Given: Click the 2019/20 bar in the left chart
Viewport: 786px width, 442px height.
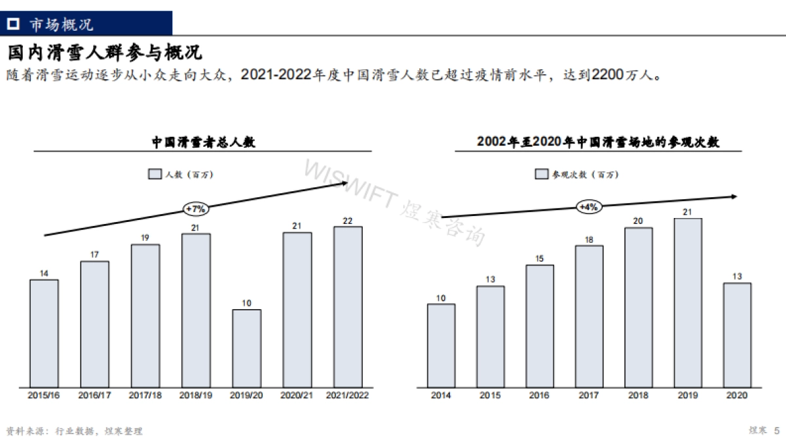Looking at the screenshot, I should click(246, 347).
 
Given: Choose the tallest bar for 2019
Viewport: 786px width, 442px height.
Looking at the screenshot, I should click(688, 302).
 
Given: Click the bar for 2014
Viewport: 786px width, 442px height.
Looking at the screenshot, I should click(441, 344).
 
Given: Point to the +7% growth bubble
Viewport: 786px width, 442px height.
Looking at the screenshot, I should click(196, 209).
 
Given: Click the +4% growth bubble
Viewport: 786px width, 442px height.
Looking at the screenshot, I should click(588, 207).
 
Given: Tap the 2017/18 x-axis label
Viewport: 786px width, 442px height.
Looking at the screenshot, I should click(145, 396).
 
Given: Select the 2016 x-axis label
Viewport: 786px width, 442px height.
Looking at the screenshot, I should click(539, 396).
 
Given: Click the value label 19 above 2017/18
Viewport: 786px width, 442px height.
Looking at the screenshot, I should click(145, 238).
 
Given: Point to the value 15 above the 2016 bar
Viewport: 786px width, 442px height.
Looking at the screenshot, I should click(539, 259).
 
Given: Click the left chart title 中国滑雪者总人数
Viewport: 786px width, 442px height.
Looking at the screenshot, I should click(203, 141).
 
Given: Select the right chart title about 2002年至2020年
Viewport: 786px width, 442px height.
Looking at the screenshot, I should click(598, 141).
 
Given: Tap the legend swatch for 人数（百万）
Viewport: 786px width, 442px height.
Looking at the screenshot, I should click(155, 174).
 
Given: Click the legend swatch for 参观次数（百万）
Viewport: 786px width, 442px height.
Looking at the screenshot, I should click(542, 174).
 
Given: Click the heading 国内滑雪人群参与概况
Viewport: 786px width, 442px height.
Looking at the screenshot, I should click(104, 52).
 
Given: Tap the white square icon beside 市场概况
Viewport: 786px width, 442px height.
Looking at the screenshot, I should click(13, 24).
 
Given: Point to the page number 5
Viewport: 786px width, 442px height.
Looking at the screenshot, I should click(777, 430).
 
